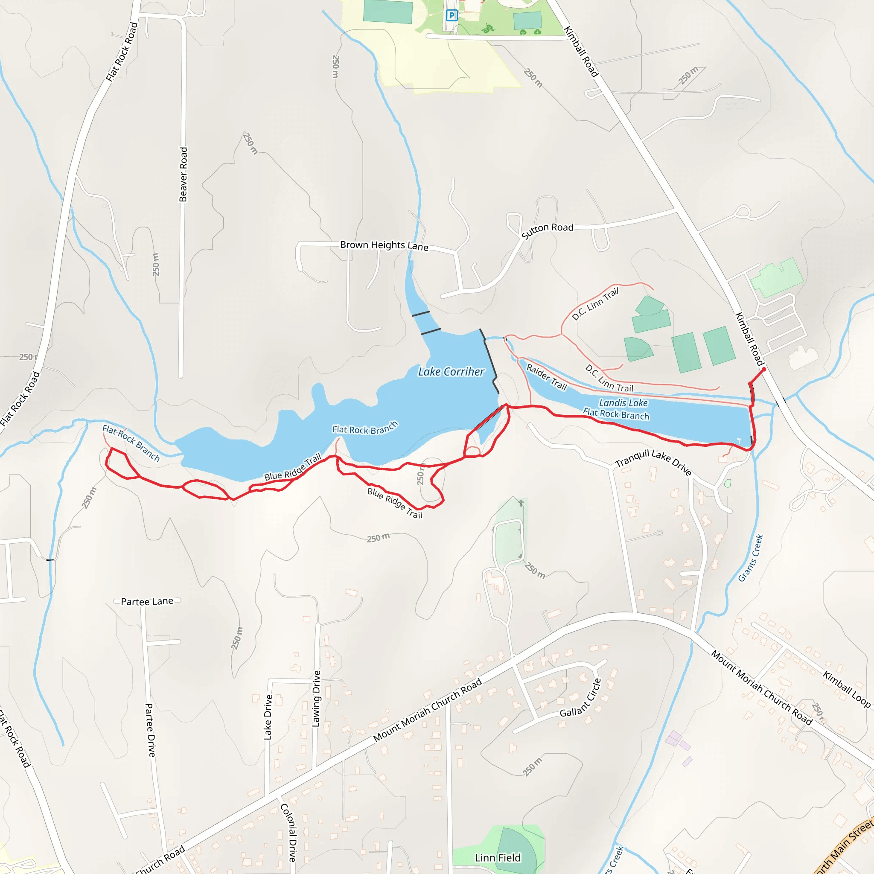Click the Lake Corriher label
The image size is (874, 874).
pos(451,371)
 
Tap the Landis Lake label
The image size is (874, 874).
pos(623,402)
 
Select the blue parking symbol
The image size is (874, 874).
pos(451,16)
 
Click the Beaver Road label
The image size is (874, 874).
pos(183,174)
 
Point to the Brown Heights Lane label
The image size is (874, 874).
pos(384,245)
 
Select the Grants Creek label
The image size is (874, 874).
pos(751,558)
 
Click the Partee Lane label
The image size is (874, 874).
pos(147,601)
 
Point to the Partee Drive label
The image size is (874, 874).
pos(150,730)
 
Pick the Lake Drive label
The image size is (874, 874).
pos(268,717)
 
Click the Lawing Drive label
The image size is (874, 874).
pos(316,699)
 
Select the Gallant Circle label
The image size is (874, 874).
pos(581,699)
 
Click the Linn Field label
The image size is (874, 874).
pos(498,858)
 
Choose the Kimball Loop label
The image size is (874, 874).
pos(846,689)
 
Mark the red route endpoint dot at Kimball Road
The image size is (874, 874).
pos(763,370)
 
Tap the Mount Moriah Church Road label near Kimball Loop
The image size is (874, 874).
pos(761,687)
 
